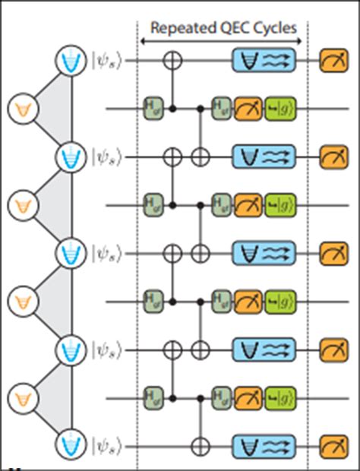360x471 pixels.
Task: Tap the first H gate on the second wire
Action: [152, 109]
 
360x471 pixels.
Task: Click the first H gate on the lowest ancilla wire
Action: [152, 397]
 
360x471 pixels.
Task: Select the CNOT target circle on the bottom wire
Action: [201, 444]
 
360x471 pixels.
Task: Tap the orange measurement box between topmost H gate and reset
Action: [248, 109]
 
